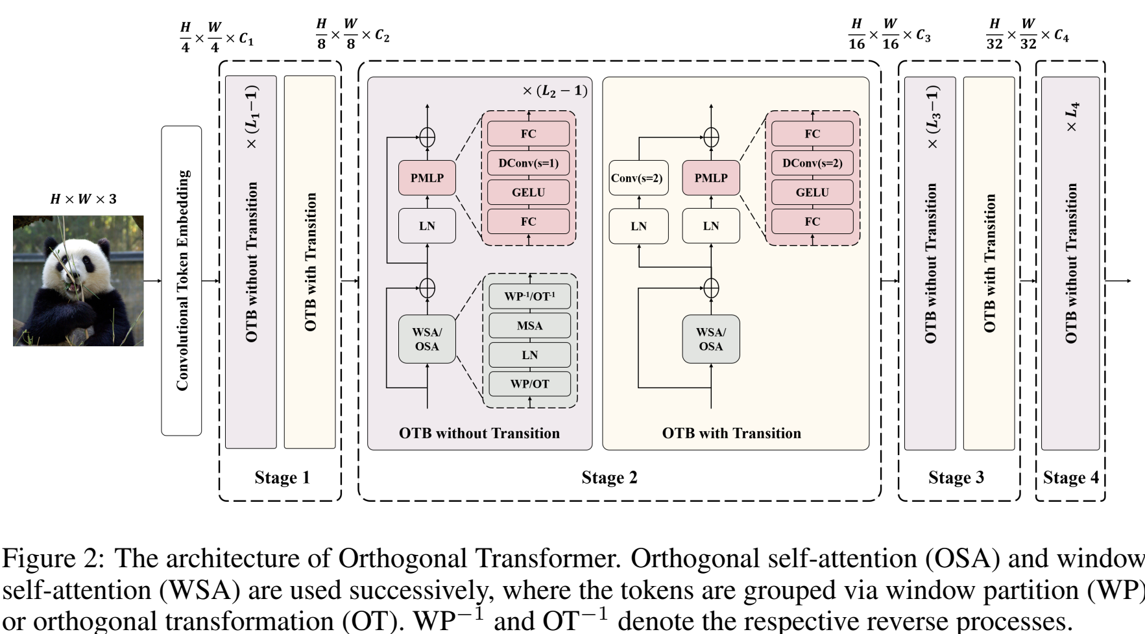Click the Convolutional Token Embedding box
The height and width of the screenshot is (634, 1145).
point(182,280)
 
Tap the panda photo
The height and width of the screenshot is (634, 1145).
point(78,281)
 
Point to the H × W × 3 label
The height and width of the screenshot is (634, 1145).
point(83,199)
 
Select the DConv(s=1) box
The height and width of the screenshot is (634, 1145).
point(528,163)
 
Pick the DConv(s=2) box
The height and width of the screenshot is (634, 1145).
point(812,163)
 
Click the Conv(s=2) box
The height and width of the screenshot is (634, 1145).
point(639,178)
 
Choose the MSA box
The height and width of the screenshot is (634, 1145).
point(529,325)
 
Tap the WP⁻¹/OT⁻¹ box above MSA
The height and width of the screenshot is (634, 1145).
point(529,297)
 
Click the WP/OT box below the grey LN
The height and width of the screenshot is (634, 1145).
point(529,384)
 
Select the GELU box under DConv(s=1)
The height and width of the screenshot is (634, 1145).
point(528,193)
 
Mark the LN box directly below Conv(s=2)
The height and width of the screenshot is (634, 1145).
point(639,226)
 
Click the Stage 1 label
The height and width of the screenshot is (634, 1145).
point(282,478)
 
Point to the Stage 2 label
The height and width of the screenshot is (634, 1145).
point(609,478)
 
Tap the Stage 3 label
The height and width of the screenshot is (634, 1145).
point(956,478)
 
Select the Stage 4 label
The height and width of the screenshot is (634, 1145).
point(1071,478)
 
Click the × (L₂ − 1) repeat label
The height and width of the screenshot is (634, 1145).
point(555,91)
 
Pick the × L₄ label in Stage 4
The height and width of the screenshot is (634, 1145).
point(1072,117)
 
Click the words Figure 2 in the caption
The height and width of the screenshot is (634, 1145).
point(53,559)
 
